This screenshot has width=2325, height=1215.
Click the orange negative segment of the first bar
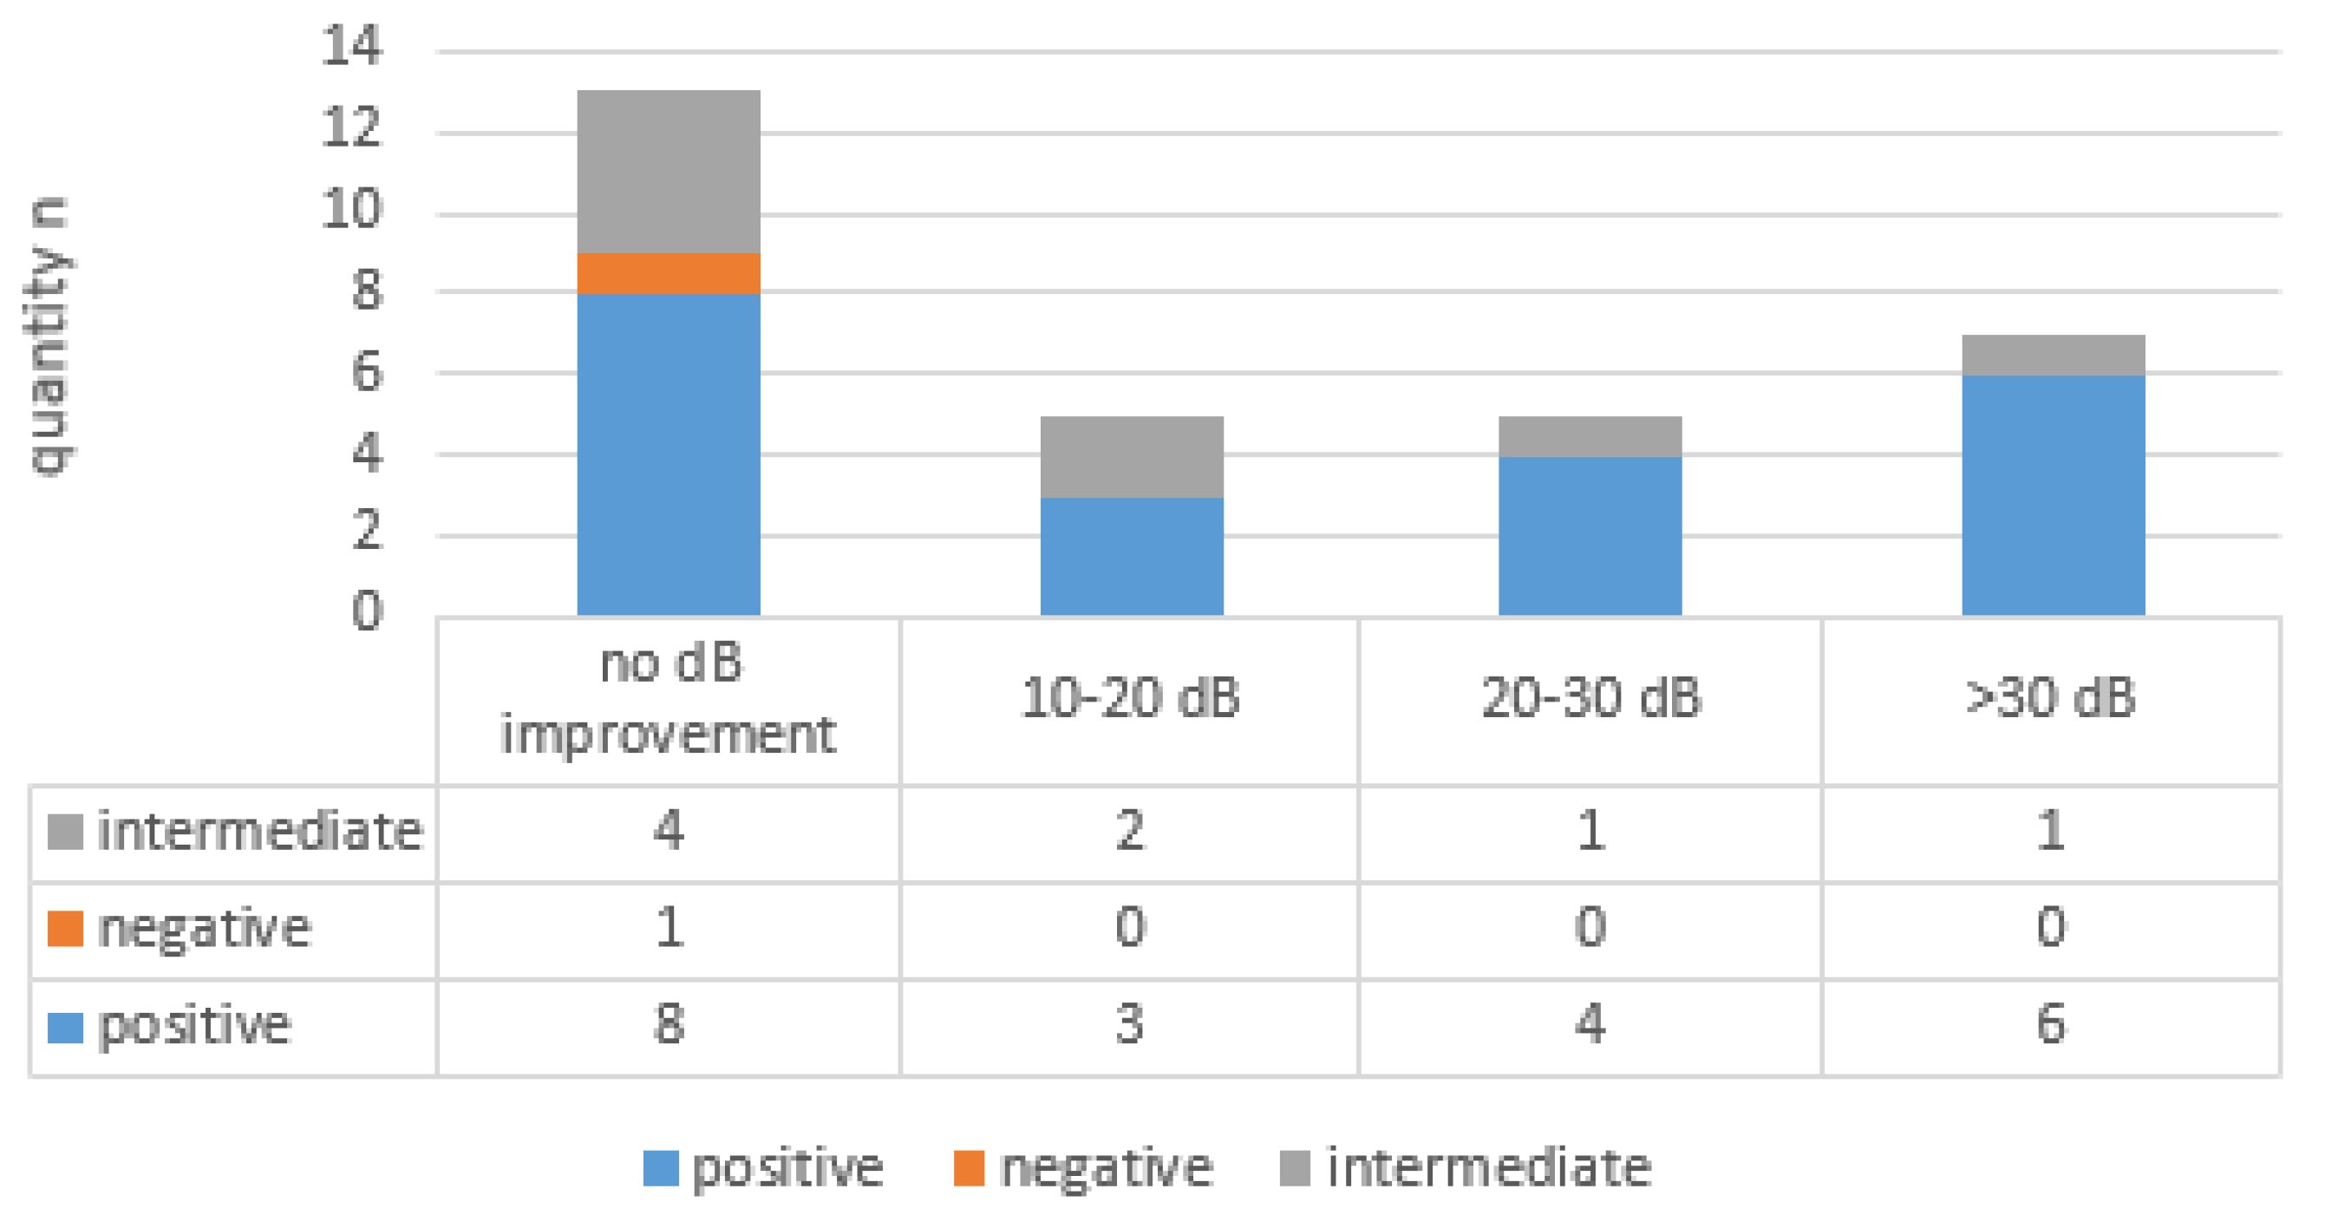tap(668, 272)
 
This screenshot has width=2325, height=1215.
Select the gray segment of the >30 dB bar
tap(2053, 355)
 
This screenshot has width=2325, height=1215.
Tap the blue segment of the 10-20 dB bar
tap(1131, 556)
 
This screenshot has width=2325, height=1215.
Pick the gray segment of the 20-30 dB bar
tap(1590, 436)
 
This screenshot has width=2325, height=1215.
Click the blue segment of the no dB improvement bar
tap(668, 454)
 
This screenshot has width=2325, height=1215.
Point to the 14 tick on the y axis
tap(351, 45)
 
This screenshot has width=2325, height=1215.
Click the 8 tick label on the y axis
tap(367, 291)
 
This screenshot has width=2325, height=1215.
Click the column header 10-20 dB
tap(1130, 699)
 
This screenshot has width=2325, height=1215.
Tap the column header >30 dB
tap(2051, 699)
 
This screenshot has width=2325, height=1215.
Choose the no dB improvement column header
tap(668, 699)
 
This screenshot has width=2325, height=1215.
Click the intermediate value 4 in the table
tap(668, 831)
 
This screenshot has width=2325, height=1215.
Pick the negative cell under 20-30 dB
tap(1590, 928)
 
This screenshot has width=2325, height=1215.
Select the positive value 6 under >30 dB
tap(2051, 1024)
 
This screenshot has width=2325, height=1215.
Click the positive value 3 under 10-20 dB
tap(1130, 1024)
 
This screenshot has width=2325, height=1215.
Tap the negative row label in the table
tap(204, 928)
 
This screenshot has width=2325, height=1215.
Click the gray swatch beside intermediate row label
tap(65, 832)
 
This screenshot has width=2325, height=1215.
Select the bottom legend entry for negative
tap(1083, 1168)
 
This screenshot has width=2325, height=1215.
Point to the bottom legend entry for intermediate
tap(1466, 1168)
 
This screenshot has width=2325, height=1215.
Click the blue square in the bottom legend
tap(660, 1168)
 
